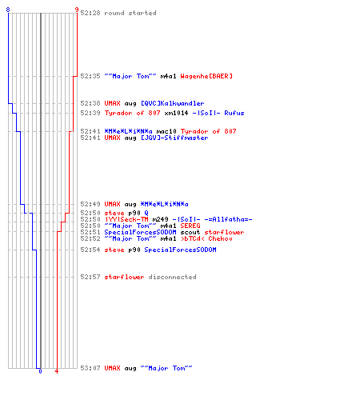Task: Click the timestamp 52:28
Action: [x=90, y=13]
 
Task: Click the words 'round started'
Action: [x=130, y=13]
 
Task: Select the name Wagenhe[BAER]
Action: [x=206, y=76]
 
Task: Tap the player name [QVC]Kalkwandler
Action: [x=173, y=103]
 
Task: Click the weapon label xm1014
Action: [x=176, y=113]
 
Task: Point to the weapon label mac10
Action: [x=166, y=131]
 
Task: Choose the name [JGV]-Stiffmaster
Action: [x=174, y=138]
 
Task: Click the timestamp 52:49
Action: [x=90, y=204]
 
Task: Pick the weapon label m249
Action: [x=160, y=219]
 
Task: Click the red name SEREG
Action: [x=190, y=226]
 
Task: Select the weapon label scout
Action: [x=190, y=232]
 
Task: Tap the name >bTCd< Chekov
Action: [x=206, y=238]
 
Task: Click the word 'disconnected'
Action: [x=172, y=277]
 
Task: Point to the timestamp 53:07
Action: [x=90, y=368]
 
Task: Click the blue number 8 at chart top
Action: [x=8, y=10]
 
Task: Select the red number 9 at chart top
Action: [x=77, y=10]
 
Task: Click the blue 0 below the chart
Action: [x=40, y=371]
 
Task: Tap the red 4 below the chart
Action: [x=57, y=371]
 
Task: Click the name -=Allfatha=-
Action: [x=228, y=219]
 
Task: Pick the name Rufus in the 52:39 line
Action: [x=234, y=113]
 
